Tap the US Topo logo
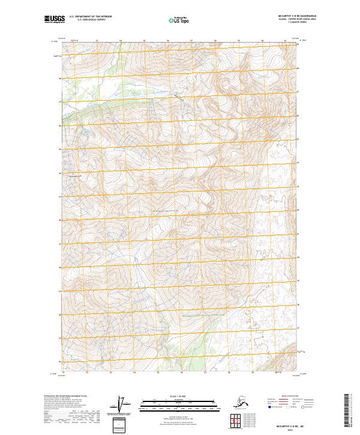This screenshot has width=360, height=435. point(178,20)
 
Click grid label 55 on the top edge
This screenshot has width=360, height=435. point(144,41)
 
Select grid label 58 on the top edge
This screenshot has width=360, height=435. point(215,41)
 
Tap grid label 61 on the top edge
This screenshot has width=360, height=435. point(286,41)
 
